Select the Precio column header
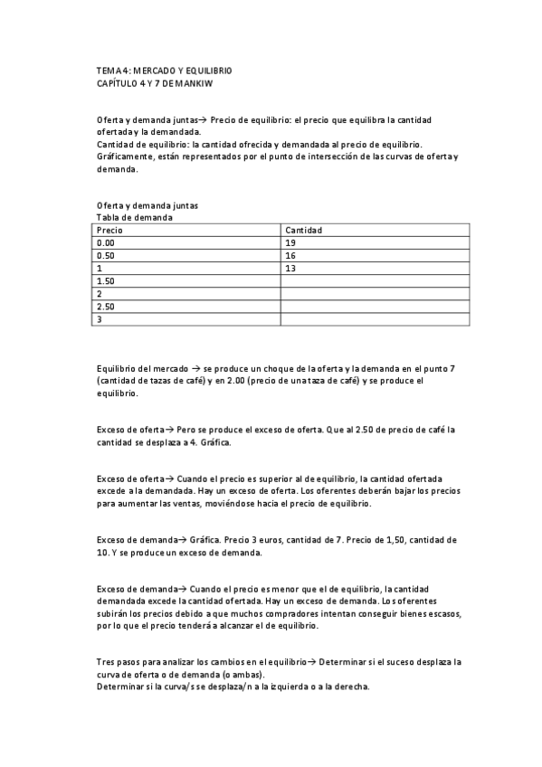[109, 231]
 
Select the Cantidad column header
[304, 231]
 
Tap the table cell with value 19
[290, 243]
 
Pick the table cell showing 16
[290, 256]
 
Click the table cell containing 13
[290, 269]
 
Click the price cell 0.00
[106, 243]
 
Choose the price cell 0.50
[106, 256]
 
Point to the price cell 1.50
[106, 281]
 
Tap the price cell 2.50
[106, 307]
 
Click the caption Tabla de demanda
[135, 217]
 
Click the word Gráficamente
[127, 157]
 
